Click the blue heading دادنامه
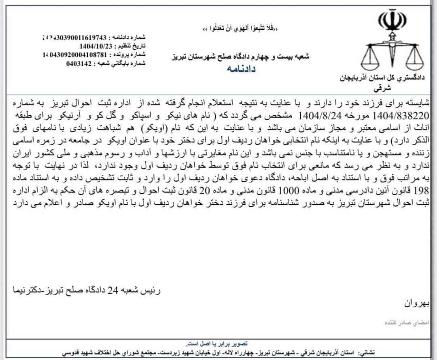[x=240, y=69]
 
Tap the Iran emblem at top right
[x=392, y=21]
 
